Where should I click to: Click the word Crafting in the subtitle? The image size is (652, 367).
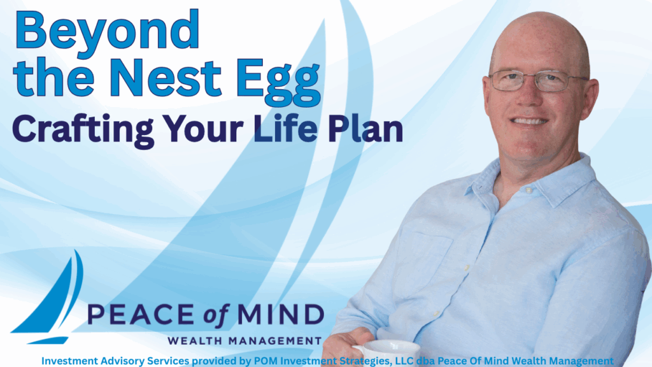(x=83, y=129)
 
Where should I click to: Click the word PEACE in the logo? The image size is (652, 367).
(x=141, y=314)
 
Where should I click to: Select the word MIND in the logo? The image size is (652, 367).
(x=281, y=314)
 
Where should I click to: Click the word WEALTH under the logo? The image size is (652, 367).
(x=195, y=342)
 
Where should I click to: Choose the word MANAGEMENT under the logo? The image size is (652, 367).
(x=275, y=342)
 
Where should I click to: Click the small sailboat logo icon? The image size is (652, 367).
(x=47, y=297)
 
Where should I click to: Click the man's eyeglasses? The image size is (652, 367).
(x=538, y=81)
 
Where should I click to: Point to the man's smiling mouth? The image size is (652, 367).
(x=529, y=121)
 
